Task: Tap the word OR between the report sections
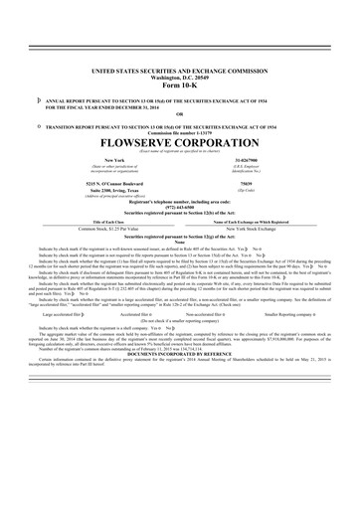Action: click(180, 112)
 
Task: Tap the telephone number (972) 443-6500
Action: click(180, 210)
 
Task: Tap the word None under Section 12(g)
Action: click(180, 242)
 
